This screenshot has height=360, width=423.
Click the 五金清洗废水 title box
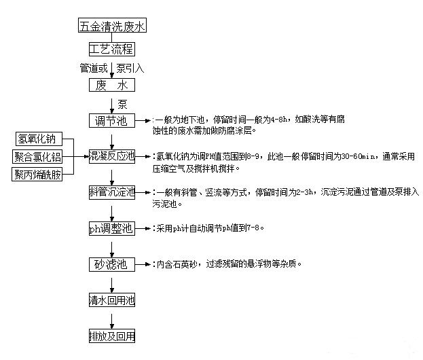(x=112, y=26)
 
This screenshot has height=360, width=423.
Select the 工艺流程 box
(x=112, y=50)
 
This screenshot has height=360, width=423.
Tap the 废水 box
(x=112, y=86)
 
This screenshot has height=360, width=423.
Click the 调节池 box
(x=112, y=121)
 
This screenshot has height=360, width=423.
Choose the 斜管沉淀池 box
(x=112, y=192)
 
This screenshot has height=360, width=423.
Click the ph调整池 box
(x=112, y=228)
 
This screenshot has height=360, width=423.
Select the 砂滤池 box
(x=112, y=264)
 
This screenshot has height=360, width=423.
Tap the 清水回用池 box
(x=112, y=300)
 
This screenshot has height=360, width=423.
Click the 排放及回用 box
(x=112, y=336)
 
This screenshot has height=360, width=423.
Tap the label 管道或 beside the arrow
(x=93, y=68)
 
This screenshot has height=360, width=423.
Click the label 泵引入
(x=130, y=68)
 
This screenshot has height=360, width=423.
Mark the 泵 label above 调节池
(x=122, y=104)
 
